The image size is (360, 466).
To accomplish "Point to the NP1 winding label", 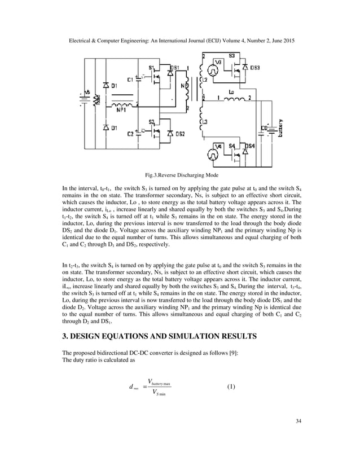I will (121, 111).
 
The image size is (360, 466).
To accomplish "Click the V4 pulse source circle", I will (214, 152).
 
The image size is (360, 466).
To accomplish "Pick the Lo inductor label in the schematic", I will (232, 91).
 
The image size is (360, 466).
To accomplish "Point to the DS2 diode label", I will (178, 134).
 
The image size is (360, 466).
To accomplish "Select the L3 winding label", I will (204, 122).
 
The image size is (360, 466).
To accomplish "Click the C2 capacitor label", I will (131, 134).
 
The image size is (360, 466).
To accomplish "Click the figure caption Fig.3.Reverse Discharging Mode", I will (179, 175).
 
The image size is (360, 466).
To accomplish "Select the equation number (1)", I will (232, 386).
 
